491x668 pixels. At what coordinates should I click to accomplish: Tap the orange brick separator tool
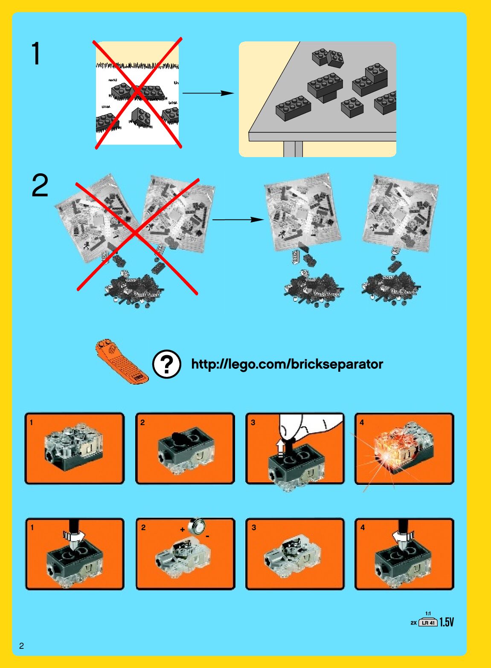click(122, 361)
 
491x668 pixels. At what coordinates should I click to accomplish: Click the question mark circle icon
click(167, 364)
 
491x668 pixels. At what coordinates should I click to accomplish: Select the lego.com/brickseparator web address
click(287, 364)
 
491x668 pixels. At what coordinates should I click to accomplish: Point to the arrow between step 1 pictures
click(208, 93)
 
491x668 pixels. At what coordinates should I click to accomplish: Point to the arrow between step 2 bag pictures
click(238, 220)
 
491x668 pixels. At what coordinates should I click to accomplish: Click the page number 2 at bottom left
click(21, 646)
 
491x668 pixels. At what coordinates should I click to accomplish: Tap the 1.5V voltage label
click(447, 622)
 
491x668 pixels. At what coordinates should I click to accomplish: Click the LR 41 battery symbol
click(428, 622)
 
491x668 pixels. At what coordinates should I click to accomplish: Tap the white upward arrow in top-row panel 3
click(280, 447)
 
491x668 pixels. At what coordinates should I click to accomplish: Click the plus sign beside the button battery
click(182, 530)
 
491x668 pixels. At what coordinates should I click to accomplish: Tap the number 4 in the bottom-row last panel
click(363, 528)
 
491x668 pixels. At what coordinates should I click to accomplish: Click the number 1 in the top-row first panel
click(31, 422)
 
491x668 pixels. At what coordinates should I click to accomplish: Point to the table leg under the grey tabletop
click(293, 149)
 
